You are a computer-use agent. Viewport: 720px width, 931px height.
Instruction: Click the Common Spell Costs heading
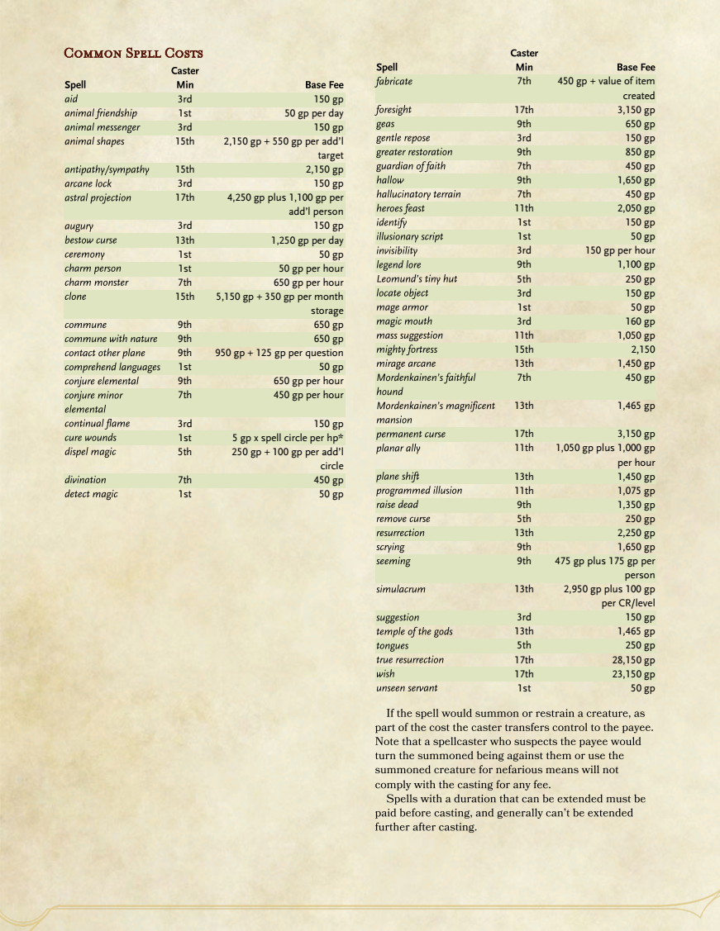click(133, 54)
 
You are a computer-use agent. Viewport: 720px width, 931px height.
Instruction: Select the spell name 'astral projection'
click(98, 198)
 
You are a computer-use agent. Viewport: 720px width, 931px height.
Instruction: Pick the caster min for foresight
click(523, 110)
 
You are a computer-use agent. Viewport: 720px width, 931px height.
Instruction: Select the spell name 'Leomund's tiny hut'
click(416, 279)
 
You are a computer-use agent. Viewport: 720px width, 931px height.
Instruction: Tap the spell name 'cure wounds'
click(90, 438)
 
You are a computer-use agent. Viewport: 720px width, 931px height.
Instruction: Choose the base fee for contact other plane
click(279, 354)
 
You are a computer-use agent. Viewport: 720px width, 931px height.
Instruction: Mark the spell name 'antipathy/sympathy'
click(107, 170)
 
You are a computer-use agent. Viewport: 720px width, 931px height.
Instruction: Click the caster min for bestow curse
click(184, 240)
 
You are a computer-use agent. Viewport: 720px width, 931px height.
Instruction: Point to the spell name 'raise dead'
click(397, 505)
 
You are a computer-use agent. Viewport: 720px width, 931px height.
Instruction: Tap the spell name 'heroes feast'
click(400, 208)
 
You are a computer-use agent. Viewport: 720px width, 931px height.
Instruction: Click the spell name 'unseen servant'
click(407, 688)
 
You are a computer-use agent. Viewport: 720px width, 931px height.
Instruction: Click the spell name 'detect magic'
click(91, 494)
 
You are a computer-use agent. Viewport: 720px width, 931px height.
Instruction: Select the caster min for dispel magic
click(184, 452)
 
